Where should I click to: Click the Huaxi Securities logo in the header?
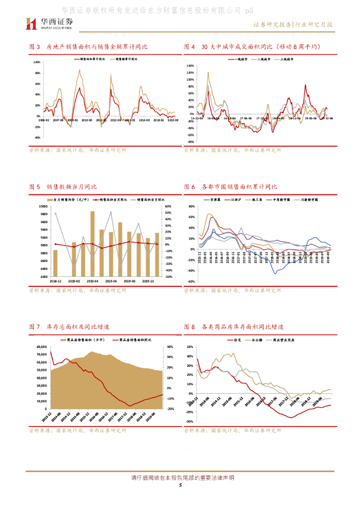coord(49,23)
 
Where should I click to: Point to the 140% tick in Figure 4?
coord(190,66)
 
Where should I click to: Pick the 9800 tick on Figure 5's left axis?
coord(44,214)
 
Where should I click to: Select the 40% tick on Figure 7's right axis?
coord(169,346)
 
